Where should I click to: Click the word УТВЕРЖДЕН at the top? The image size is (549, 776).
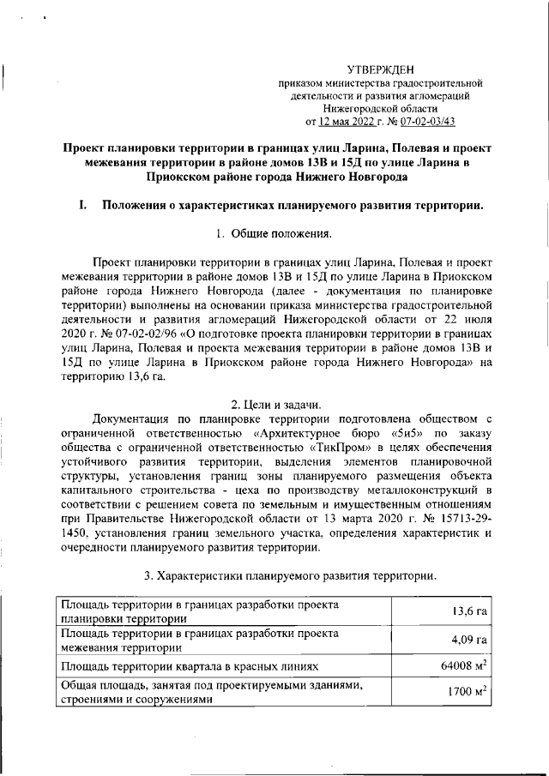coord(380,69)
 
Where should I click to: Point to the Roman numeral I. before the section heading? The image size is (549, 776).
coord(82,205)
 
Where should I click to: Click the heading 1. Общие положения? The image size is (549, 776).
coord(274,233)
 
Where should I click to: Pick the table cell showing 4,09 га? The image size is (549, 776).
coord(470,640)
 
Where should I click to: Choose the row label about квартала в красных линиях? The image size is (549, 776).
coord(190,666)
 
